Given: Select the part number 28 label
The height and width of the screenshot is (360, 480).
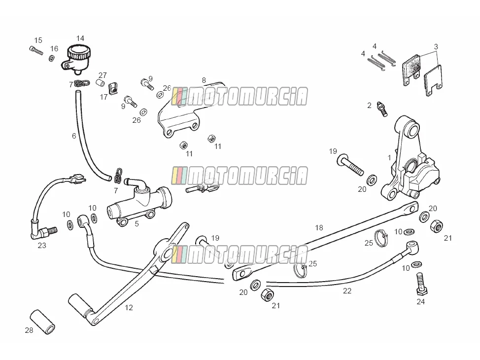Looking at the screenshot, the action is click(29, 330).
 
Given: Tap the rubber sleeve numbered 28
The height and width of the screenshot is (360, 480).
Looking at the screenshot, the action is click(42, 322).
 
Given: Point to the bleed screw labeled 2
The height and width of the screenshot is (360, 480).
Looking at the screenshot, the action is click(382, 109).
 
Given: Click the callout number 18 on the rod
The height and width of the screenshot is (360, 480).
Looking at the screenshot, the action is click(319, 228).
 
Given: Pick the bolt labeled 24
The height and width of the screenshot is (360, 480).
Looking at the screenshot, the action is click(421, 284).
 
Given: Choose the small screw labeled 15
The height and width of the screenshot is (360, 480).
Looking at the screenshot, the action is click(36, 50).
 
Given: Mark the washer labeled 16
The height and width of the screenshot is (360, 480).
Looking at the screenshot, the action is click(52, 58).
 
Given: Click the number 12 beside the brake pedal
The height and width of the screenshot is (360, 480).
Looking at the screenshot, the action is click(129, 308).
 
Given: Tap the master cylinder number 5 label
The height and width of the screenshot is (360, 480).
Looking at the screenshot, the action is click(137, 224).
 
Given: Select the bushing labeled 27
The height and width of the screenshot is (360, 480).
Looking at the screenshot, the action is click(101, 83).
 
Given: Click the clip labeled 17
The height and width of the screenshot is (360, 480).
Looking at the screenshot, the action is click(113, 89).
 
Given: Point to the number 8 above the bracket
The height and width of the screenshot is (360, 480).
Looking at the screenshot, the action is click(204, 80).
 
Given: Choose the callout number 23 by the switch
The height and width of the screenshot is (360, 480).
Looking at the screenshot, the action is click(42, 246).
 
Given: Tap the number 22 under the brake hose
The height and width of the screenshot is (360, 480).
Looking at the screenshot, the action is click(347, 291).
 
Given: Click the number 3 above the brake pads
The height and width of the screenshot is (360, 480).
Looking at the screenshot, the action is click(436, 47).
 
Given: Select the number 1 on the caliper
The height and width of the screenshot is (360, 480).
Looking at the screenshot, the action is click(389, 158).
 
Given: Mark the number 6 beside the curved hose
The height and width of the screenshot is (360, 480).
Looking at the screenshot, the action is click(74, 136).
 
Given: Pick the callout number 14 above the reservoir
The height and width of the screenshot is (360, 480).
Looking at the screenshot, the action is click(80, 38).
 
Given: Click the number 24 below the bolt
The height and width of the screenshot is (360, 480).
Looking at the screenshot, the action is click(421, 302).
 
